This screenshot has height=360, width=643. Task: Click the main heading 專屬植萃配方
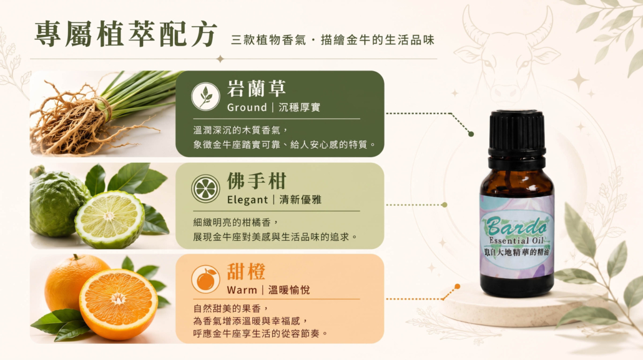[x=125, y=34]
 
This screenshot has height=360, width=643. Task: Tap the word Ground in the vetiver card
[x=247, y=107]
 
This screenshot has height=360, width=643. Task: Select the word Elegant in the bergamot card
[x=247, y=200]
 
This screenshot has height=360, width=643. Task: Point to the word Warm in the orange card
[x=242, y=290]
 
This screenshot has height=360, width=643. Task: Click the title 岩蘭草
[x=257, y=89]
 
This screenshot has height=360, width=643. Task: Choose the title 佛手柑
[x=257, y=181]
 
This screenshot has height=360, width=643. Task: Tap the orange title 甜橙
[x=246, y=271]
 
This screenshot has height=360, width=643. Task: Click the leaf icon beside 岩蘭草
[x=205, y=96]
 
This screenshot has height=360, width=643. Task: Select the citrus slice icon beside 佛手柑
[x=205, y=188]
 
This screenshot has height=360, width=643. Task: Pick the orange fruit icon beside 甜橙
[x=205, y=280]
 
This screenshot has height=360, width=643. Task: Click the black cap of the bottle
[x=517, y=134]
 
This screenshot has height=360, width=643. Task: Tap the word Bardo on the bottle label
[x=517, y=225]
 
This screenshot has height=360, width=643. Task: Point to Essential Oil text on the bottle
[x=516, y=241]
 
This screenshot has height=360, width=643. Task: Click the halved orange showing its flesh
[x=118, y=304]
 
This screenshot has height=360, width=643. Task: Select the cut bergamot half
[x=109, y=220]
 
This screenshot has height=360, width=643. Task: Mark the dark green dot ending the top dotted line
[x=471, y=134]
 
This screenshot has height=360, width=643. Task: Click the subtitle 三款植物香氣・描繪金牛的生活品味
[x=333, y=40]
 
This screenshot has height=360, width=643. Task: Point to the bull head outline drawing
[x=508, y=56]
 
